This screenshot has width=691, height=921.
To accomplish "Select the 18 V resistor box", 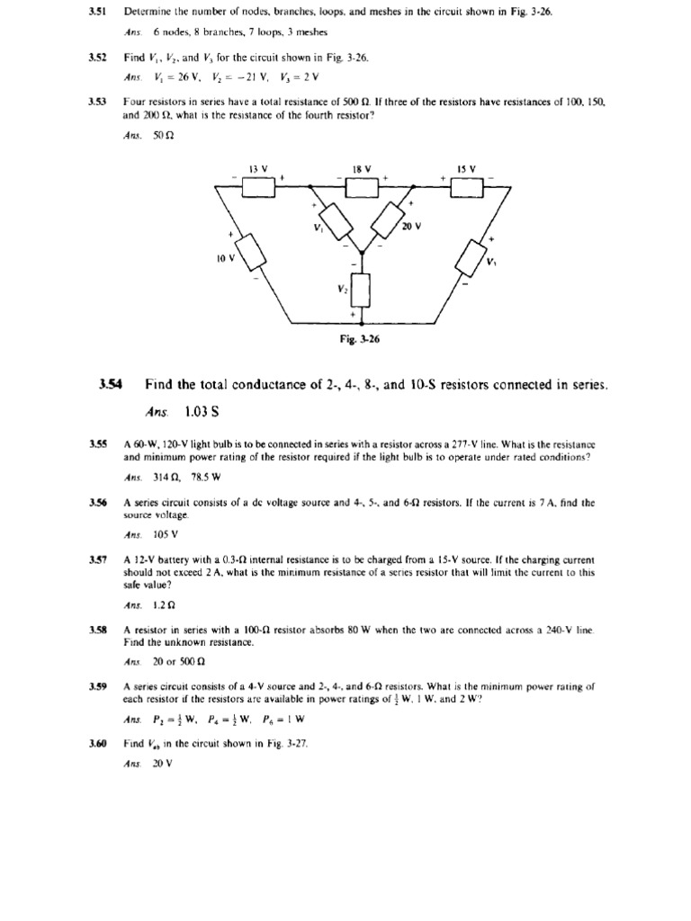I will click(362, 186).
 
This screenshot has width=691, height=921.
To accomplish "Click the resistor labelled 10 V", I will click(249, 251).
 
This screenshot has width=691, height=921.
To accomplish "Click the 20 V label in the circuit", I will click(411, 228).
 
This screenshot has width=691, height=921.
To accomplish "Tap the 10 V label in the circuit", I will click(225, 258).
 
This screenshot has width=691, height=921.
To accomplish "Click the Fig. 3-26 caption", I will click(362, 340).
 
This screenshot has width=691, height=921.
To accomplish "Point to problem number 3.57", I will click(98, 560).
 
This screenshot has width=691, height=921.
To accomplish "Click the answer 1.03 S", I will click(202, 413).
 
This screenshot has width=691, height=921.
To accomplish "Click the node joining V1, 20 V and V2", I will click(362, 252).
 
